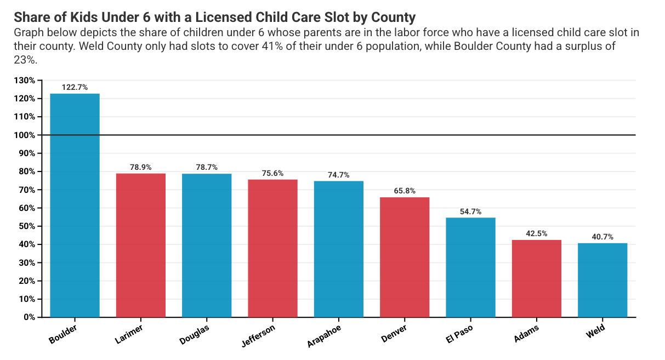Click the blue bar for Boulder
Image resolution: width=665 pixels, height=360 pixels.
75,205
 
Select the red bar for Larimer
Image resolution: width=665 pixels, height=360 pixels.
141,245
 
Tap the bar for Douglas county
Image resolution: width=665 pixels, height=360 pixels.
207,245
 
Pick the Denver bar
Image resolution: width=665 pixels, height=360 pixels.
405,257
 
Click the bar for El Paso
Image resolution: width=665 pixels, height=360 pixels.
470,267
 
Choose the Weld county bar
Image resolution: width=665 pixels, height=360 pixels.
603,280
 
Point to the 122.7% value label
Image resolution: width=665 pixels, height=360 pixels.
75,87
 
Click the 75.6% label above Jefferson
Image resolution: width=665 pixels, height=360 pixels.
272,173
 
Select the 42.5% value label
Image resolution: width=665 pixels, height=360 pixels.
536,233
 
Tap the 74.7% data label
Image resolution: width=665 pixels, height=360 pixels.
338,175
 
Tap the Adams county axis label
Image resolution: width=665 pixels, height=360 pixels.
526,333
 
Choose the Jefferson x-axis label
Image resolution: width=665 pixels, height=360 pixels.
258,335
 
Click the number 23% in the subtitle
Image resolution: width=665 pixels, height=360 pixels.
25,60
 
